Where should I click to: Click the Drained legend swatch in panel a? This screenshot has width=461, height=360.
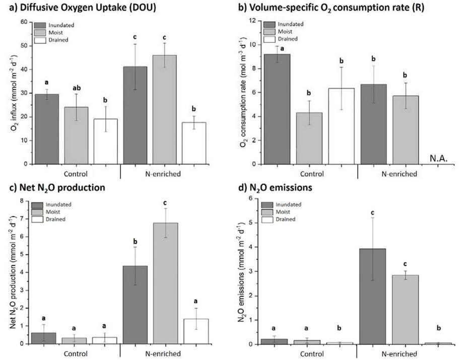(40, 40)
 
